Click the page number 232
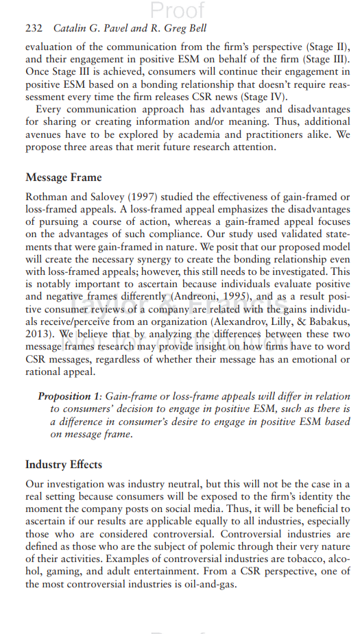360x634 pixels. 34,29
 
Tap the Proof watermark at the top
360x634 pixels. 178,10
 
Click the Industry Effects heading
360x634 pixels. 64,464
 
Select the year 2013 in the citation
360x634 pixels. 39,334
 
